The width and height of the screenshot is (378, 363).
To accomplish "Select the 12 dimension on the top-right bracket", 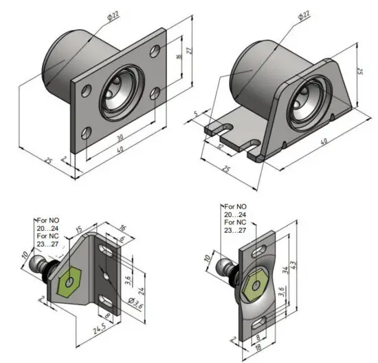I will (x=220, y=147).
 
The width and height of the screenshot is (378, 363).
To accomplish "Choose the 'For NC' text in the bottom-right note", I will (x=236, y=222).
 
